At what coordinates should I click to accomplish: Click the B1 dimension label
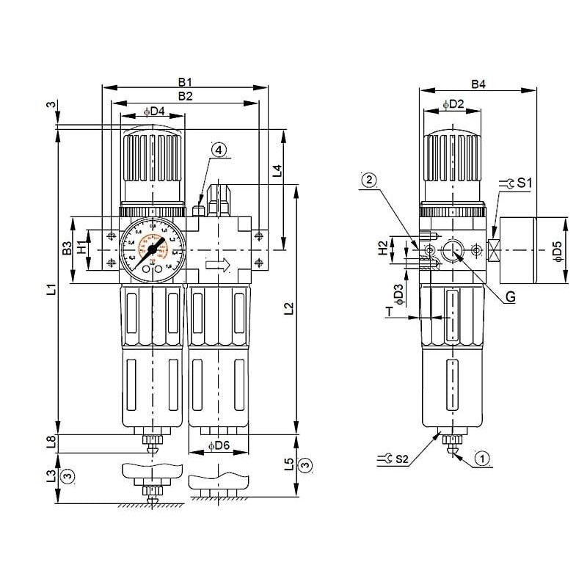click(185, 81)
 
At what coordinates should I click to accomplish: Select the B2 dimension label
click(185, 96)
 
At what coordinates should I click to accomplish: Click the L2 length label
click(288, 309)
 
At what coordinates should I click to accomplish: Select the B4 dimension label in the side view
click(478, 84)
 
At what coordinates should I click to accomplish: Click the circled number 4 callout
click(219, 149)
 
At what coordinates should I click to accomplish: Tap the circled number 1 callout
click(482, 459)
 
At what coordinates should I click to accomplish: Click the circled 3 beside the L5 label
click(307, 464)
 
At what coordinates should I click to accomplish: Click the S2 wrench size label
click(401, 459)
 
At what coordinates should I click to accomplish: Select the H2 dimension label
click(382, 249)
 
